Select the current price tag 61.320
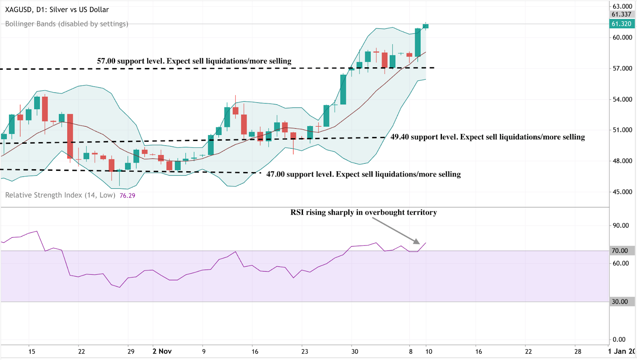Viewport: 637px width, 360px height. point(621,24)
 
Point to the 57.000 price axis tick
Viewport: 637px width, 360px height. point(622,68)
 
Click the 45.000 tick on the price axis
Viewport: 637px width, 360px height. point(622,192)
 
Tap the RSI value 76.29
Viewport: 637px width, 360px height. point(127,196)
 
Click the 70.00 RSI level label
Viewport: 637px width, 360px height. point(620,251)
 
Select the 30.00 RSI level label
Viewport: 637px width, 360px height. point(620,302)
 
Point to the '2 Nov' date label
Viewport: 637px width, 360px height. point(162,351)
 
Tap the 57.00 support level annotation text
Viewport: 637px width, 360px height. point(194,61)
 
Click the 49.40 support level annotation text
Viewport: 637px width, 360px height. point(487,137)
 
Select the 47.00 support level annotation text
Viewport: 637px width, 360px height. point(363,174)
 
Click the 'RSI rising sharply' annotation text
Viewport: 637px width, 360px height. point(363,213)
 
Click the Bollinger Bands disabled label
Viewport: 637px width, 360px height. point(66,24)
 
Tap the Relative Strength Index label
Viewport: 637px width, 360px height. point(60,195)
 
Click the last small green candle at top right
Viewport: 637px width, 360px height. point(426,26)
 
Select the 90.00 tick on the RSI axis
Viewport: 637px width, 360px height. point(621,225)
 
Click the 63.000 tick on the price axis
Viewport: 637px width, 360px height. point(622,6)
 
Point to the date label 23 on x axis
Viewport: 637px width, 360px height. point(305,351)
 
